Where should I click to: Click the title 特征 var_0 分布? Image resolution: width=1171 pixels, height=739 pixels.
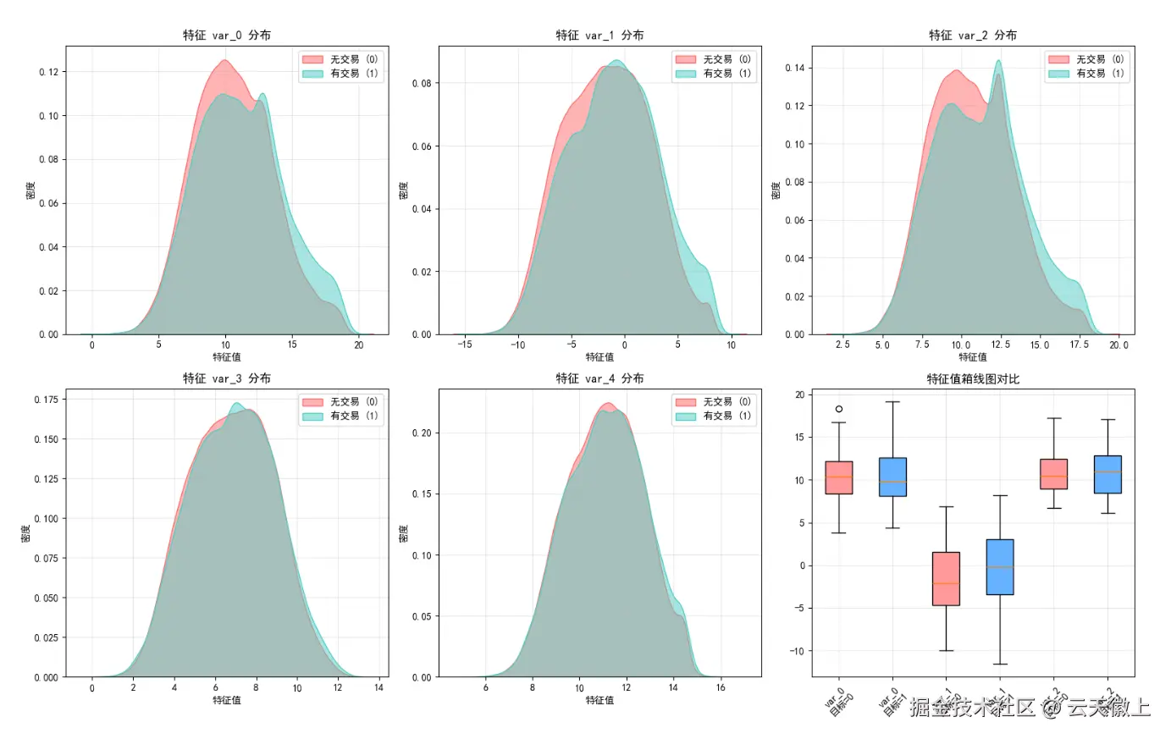point(227,36)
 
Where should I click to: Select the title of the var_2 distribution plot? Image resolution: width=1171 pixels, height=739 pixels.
point(973,36)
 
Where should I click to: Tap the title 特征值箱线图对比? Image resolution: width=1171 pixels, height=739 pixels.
point(973,379)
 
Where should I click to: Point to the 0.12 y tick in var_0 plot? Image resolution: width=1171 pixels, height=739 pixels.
point(49,73)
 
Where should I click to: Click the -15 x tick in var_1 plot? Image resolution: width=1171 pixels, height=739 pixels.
point(465,345)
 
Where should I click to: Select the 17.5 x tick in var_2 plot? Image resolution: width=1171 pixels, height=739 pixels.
point(1079,345)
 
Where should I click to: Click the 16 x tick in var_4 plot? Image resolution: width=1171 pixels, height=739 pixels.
point(721,687)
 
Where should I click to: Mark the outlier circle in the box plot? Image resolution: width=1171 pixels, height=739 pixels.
point(839,409)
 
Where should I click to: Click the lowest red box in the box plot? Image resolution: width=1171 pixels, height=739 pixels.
point(946,579)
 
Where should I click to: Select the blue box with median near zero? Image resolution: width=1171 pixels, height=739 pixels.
point(1000,567)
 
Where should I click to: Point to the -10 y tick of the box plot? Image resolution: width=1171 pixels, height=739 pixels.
point(796,651)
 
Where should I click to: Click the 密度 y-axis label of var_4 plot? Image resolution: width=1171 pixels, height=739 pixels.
point(403,533)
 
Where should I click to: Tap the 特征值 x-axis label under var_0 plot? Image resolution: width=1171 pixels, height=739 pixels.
point(227,357)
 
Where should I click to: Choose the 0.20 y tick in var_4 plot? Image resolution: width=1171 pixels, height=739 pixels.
point(422,433)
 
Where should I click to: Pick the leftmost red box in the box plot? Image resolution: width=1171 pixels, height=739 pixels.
point(839,477)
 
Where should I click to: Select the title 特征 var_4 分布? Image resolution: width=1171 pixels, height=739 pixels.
point(599,379)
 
